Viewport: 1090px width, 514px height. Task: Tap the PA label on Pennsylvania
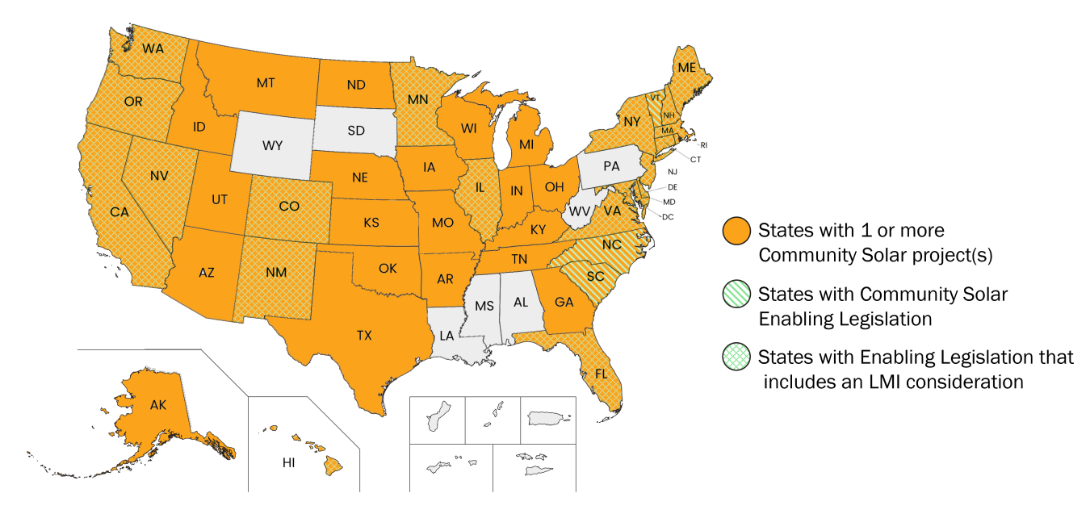[611, 166]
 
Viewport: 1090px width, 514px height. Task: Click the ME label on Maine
[686, 69]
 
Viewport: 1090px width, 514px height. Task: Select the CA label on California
[119, 212]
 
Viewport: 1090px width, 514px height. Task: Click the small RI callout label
[703, 145]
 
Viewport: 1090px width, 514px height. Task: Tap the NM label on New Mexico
[277, 273]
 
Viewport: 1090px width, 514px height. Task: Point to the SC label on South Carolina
[595, 277]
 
